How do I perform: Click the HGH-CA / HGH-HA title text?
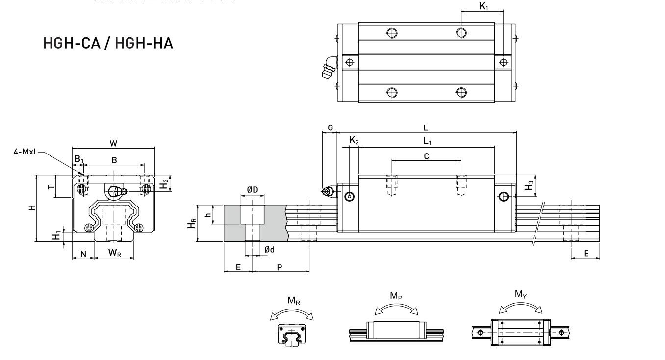[108, 43]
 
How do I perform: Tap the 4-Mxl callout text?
[26, 152]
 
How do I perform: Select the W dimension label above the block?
[113, 143]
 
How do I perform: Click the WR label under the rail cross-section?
[115, 254]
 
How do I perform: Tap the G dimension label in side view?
[330, 128]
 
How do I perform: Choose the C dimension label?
[426, 156]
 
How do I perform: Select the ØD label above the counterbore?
[252, 189]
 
